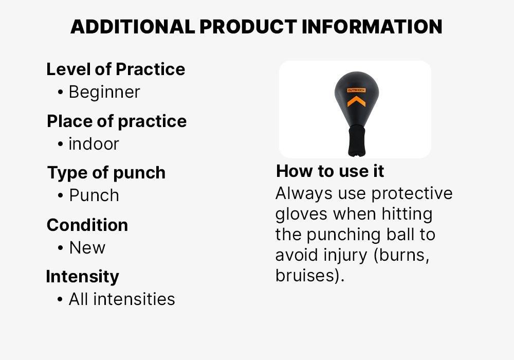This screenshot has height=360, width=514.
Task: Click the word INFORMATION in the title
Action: click(372, 27)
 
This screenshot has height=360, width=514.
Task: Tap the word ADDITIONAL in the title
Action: click(133, 27)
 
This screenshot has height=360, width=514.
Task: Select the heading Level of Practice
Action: click(116, 69)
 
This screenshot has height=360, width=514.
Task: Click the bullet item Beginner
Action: click(104, 92)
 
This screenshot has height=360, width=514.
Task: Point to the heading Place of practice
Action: click(117, 121)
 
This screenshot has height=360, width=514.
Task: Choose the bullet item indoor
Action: click(94, 144)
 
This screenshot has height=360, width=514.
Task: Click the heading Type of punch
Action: click(106, 173)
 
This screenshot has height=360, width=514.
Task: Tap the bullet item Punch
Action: click(94, 195)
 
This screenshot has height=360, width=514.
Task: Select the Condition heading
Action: click(87, 225)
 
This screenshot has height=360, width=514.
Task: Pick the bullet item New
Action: click(87, 247)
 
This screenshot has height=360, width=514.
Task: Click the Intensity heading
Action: click(82, 276)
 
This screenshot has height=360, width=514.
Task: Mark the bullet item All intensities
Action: click(122, 299)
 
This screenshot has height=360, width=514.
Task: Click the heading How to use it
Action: click(330, 171)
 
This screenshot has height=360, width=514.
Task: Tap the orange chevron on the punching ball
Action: click(356, 101)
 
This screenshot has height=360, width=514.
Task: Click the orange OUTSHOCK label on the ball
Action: click(356, 90)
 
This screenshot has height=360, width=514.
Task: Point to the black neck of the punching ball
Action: click(357, 141)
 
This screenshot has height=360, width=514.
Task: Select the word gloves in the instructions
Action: click(301, 214)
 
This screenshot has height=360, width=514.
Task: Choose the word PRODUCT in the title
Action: click(248, 27)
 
